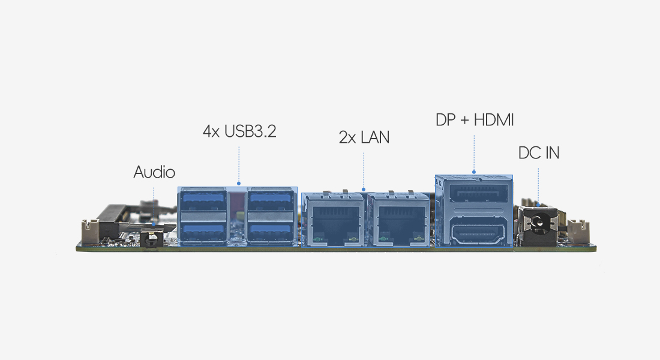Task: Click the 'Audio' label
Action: tap(154, 172)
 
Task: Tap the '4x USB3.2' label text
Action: tap(239, 131)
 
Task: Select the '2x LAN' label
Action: tap(364, 137)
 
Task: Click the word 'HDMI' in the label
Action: tap(494, 120)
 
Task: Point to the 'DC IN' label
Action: tap(539, 153)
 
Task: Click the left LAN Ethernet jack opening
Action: tap(333, 223)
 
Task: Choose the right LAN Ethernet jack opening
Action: tap(398, 223)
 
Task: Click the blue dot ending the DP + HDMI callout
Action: tap(474, 172)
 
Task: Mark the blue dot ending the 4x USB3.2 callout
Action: tap(239, 184)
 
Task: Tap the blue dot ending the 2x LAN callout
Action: tap(364, 190)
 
